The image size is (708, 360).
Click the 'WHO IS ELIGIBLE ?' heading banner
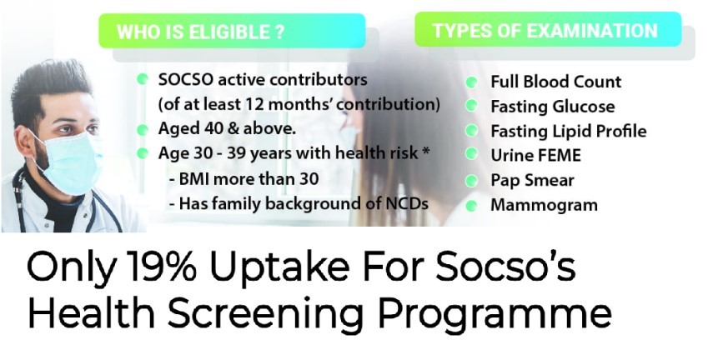(x=232, y=31)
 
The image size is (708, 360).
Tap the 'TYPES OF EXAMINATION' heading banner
(x=548, y=29)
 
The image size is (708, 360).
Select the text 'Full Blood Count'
(x=556, y=82)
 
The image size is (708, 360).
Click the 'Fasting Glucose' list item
(x=553, y=107)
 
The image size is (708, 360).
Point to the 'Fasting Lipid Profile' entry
(x=569, y=132)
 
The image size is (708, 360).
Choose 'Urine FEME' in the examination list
(x=535, y=156)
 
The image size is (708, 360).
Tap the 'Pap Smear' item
(x=532, y=181)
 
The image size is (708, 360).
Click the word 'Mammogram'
(x=544, y=205)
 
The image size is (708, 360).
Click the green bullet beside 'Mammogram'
(x=471, y=206)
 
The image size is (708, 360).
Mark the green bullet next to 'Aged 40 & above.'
(x=143, y=130)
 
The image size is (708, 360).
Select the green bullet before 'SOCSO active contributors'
(x=143, y=79)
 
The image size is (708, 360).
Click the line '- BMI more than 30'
(x=244, y=179)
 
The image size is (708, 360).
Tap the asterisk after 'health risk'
(x=425, y=152)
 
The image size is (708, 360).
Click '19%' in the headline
(x=161, y=266)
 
